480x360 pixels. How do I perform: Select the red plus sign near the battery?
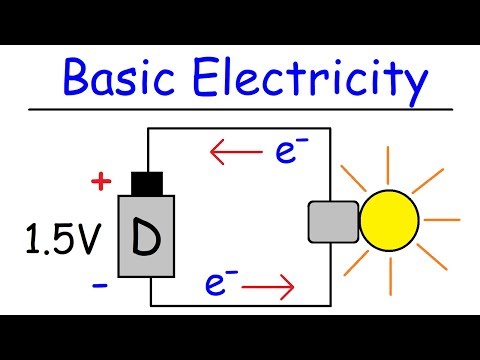point(99,181)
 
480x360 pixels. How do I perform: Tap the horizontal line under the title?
point(240,107)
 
